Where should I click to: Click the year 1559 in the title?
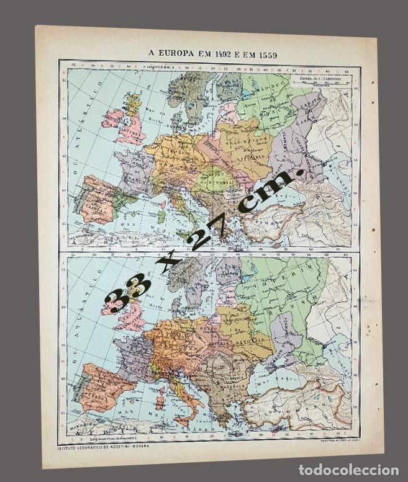(x=265, y=55)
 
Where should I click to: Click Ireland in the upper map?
(x=113, y=118)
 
